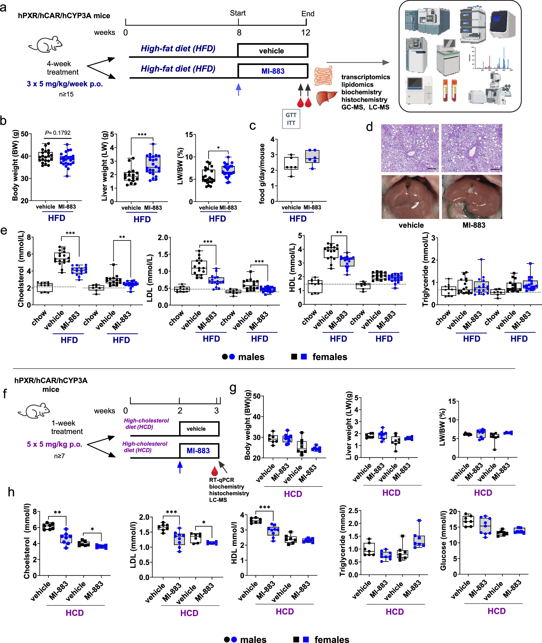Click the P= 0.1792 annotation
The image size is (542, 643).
click(x=58, y=133)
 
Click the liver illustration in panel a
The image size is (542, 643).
click(x=327, y=98)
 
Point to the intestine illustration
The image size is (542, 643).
click(x=323, y=76)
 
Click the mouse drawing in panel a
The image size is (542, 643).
click(x=46, y=44)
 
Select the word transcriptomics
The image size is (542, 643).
click(x=366, y=77)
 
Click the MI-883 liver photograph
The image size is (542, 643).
click(x=472, y=197)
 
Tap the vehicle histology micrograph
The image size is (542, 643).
click(x=409, y=148)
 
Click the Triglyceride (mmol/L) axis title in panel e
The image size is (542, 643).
click(x=425, y=269)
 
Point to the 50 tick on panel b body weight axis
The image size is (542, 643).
click(x=25, y=134)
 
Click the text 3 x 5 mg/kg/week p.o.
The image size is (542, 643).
click(x=65, y=84)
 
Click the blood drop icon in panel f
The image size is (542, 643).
click(x=214, y=471)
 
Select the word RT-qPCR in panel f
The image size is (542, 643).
click(x=222, y=480)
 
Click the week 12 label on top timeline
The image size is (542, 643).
click(x=306, y=32)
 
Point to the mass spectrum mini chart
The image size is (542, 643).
click(x=491, y=59)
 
